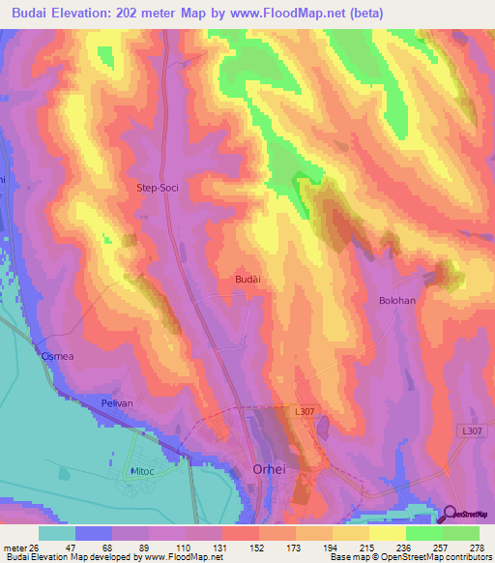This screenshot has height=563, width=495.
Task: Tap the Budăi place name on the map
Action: pyautogui.click(x=247, y=279)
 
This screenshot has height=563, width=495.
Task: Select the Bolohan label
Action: pyautogui.click(x=396, y=301)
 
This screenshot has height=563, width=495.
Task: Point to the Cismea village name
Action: pyautogui.click(x=57, y=356)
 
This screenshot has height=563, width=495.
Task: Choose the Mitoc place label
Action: pyautogui.click(x=144, y=471)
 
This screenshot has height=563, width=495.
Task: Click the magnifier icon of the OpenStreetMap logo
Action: pyautogui.click(x=450, y=515)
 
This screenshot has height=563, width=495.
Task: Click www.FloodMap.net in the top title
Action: pyautogui.click(x=290, y=13)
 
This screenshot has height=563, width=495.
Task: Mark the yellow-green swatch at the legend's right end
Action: pyautogui.click(x=461, y=533)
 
